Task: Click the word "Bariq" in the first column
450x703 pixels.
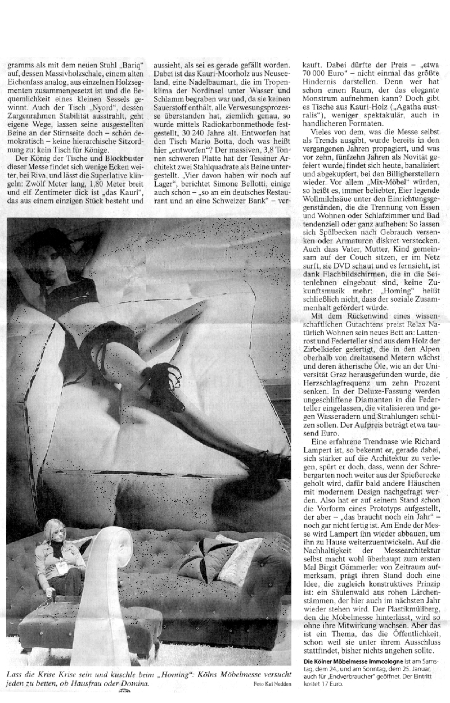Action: [133, 65]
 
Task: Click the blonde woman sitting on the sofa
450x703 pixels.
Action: [53, 554]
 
